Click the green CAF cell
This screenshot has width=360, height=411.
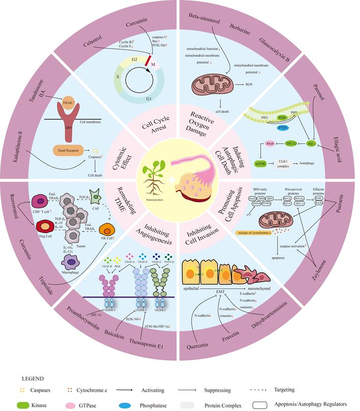tap(109, 195)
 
